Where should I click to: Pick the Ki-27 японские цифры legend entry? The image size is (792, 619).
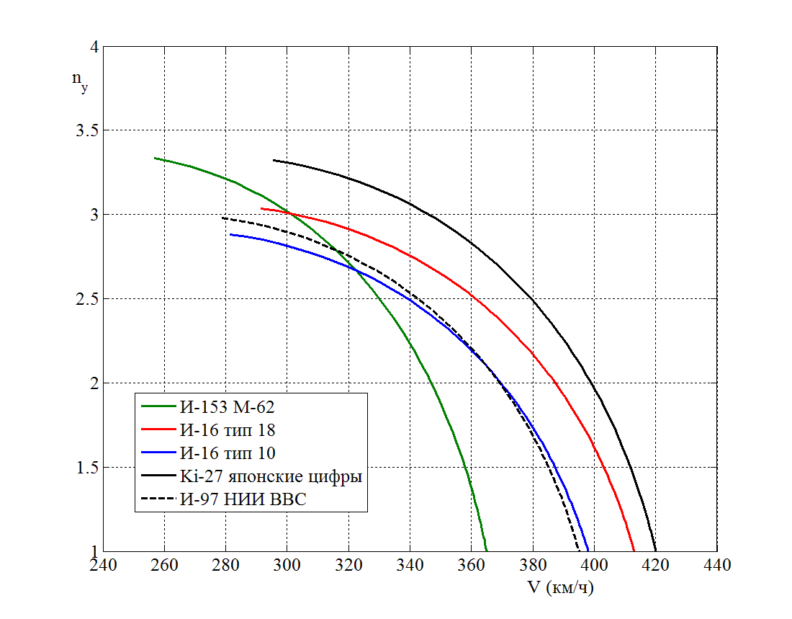tap(270, 476)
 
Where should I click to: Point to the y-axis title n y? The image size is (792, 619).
tap(79, 81)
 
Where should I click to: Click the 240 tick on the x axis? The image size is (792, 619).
tap(103, 564)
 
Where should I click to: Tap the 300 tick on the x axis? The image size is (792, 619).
tap(287, 564)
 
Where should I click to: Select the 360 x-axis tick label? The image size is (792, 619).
tap(472, 564)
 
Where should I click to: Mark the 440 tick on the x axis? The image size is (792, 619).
tap(717, 564)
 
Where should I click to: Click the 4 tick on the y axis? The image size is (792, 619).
tap(93, 47)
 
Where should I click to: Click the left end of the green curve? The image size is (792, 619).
tap(155, 158)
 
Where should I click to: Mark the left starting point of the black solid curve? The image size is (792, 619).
tap(274, 160)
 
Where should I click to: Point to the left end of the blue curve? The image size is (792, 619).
tap(230, 234)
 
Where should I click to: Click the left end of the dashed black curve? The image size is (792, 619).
tap(222, 218)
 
